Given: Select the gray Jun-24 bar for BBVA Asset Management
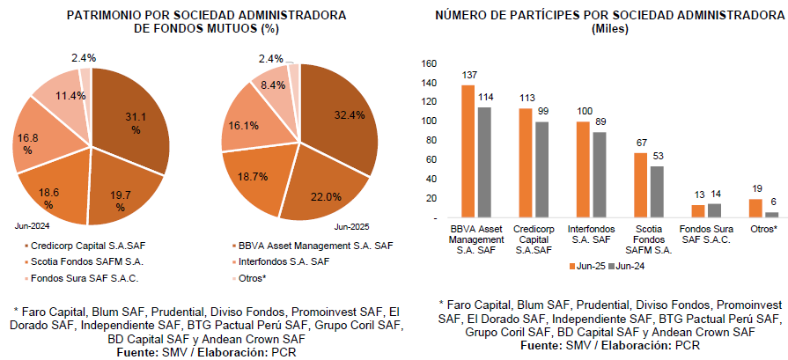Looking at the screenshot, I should pyautogui.click(x=483, y=162).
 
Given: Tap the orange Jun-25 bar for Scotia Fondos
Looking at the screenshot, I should pyautogui.click(x=640, y=185).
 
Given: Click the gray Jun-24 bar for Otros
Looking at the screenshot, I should pyautogui.click(x=772, y=214).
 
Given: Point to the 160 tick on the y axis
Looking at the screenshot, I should pyautogui.click(x=430, y=63).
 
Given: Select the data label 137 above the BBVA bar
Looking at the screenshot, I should pyautogui.click(x=469, y=76).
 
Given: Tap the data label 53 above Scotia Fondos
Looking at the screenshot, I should pyautogui.click(x=656, y=156).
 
